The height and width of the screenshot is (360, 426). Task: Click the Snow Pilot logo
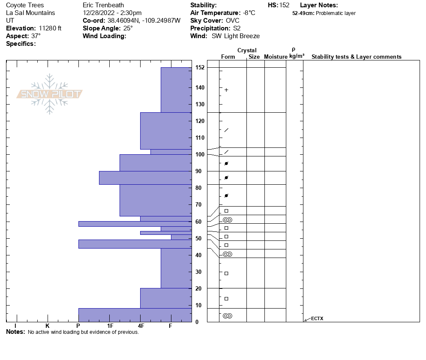pyautogui.click(x=49, y=94)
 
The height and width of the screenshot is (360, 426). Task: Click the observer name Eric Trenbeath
pyautogui.click(x=103, y=5)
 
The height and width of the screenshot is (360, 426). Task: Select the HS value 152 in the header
pyautogui.click(x=284, y=5)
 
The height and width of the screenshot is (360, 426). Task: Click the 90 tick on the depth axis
pyautogui.click(x=198, y=171)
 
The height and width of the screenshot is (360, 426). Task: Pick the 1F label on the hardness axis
pyautogui.click(x=110, y=326)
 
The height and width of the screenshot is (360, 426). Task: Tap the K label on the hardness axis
pyautogui.click(x=47, y=326)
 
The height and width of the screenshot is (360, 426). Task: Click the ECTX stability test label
pyautogui.click(x=317, y=318)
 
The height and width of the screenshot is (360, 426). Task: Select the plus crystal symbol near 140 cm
pyautogui.click(x=226, y=90)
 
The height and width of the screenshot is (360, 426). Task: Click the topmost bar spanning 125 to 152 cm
pyautogui.click(x=176, y=90)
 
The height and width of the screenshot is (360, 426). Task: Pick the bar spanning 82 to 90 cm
pyautogui.click(x=145, y=178)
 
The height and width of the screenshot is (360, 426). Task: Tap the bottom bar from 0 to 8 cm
pyautogui.click(x=135, y=315)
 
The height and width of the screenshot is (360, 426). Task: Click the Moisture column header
pyautogui.click(x=276, y=57)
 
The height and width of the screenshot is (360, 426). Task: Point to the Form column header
pyautogui.click(x=228, y=57)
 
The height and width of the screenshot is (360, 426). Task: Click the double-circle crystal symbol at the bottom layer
pyautogui.click(x=228, y=316)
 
